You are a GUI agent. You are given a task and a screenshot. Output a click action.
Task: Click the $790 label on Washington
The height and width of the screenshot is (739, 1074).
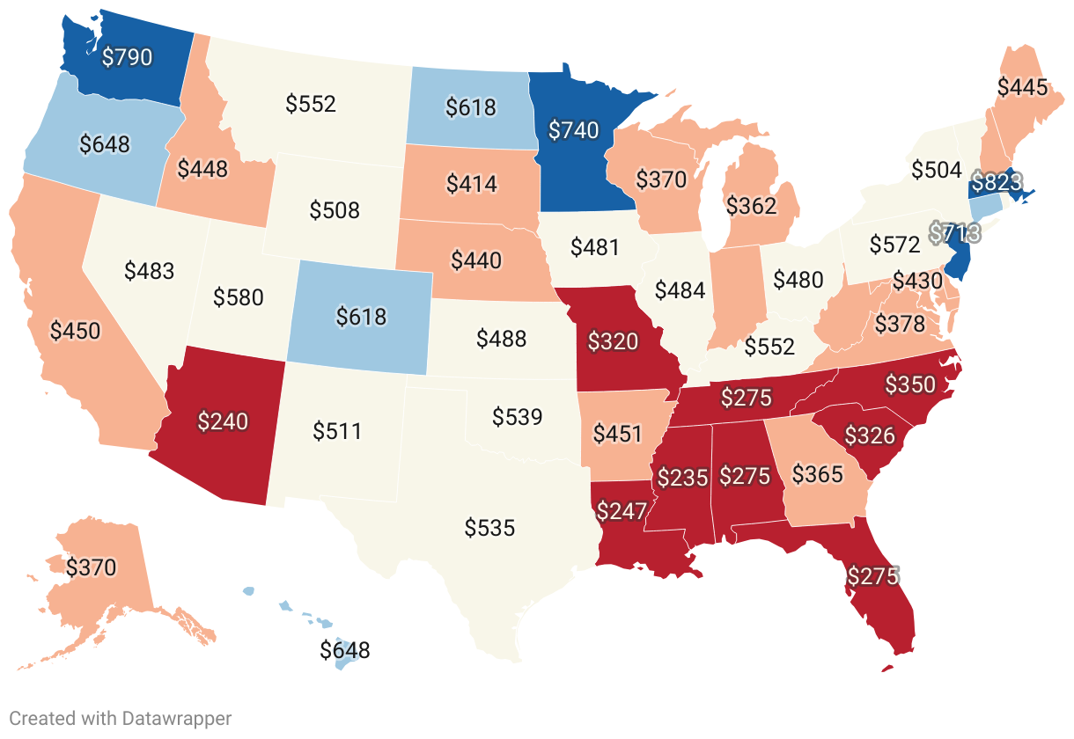127,58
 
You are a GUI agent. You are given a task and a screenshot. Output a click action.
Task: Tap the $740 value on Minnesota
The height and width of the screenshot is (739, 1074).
573,130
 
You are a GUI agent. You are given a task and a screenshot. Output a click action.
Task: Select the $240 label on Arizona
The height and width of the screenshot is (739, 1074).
223,421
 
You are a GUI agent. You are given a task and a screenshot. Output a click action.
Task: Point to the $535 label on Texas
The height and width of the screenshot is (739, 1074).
489,528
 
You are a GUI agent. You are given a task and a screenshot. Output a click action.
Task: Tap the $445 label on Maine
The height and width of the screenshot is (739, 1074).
1022,86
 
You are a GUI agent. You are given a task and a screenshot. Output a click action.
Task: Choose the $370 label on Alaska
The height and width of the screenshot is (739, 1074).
91,567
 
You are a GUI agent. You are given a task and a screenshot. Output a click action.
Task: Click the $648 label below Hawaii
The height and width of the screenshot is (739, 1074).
344,651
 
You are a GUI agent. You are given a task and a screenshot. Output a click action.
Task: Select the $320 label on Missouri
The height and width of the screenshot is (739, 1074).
613,341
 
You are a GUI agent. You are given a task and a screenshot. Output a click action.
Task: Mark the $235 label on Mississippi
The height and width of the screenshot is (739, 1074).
682,478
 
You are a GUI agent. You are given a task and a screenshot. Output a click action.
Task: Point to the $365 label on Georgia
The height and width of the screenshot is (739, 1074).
818,475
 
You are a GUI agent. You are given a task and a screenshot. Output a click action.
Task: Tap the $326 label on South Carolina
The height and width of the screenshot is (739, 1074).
870,435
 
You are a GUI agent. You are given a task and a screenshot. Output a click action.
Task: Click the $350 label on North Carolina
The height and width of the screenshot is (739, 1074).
910,384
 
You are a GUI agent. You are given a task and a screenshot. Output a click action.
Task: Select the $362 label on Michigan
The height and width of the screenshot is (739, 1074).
751,206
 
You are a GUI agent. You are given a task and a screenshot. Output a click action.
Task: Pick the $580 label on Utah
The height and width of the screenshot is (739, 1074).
239,297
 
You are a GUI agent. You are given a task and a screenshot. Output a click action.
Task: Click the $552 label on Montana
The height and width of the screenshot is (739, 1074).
311,104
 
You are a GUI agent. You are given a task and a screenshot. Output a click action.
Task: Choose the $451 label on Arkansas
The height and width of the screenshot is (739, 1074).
617,434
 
